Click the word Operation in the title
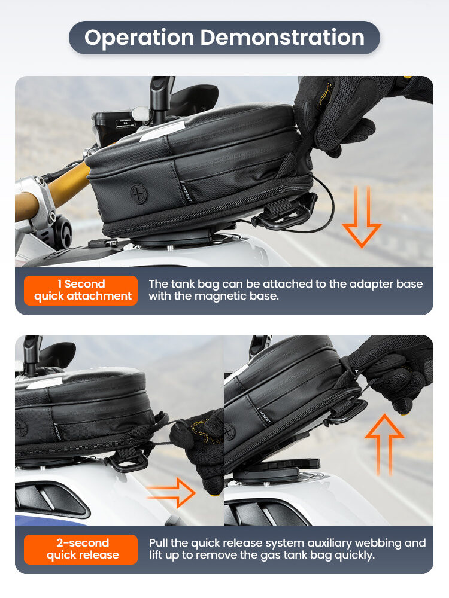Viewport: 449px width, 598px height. (x=139, y=38)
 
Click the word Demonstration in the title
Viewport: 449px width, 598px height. (x=283, y=37)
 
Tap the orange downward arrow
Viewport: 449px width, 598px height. (x=362, y=216)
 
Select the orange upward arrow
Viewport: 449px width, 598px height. (x=384, y=445)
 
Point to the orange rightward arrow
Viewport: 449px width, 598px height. (x=171, y=493)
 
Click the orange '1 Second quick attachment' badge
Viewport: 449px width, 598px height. (x=81, y=290)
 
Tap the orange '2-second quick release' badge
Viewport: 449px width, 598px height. (x=81, y=549)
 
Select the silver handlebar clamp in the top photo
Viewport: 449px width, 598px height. (x=37, y=204)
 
